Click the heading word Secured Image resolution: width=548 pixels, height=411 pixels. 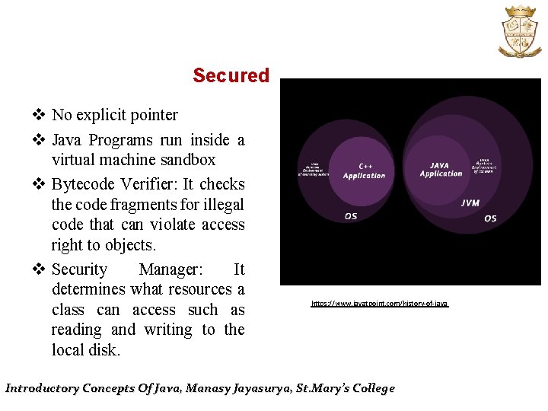coord(231,75)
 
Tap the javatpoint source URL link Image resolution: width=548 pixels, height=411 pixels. coord(380,304)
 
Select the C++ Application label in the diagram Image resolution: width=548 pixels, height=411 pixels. coord(364,170)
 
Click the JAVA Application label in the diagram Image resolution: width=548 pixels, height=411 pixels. coord(441,169)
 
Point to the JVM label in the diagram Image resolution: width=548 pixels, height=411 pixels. coord(470,203)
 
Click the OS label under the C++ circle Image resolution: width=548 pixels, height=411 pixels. coord(351,216)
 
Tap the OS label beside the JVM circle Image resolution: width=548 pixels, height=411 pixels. coord(490,218)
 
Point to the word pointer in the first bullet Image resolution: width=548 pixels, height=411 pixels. coord(152,115)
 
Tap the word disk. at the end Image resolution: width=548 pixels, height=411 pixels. coord(104,350)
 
